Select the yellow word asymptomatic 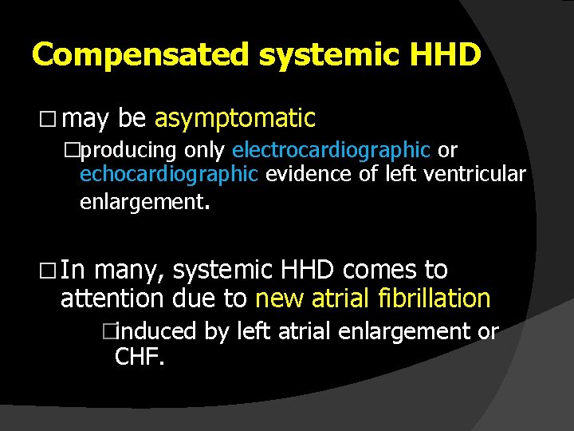click(x=235, y=119)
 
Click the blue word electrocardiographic click(x=331, y=150)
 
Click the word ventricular click(x=483, y=175)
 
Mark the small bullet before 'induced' click(x=120, y=331)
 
